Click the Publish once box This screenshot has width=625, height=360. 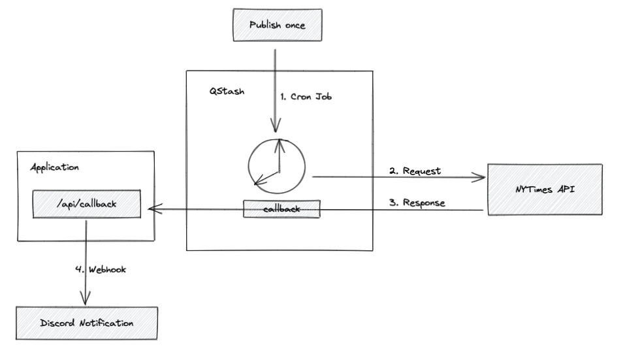[x=277, y=25]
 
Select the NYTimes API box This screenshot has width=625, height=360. [x=545, y=189]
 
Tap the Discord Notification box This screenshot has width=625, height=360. [x=87, y=323]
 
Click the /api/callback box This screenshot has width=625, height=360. [x=87, y=205]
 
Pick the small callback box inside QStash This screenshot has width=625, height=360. [x=282, y=209]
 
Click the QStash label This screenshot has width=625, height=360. [x=227, y=91]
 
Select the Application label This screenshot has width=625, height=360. [x=55, y=167]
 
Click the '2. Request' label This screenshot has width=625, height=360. [x=415, y=171]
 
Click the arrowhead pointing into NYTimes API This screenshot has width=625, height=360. [x=481, y=177]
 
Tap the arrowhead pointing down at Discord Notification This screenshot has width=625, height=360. [x=85, y=300]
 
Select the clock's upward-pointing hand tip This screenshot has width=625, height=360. [x=279, y=140]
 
